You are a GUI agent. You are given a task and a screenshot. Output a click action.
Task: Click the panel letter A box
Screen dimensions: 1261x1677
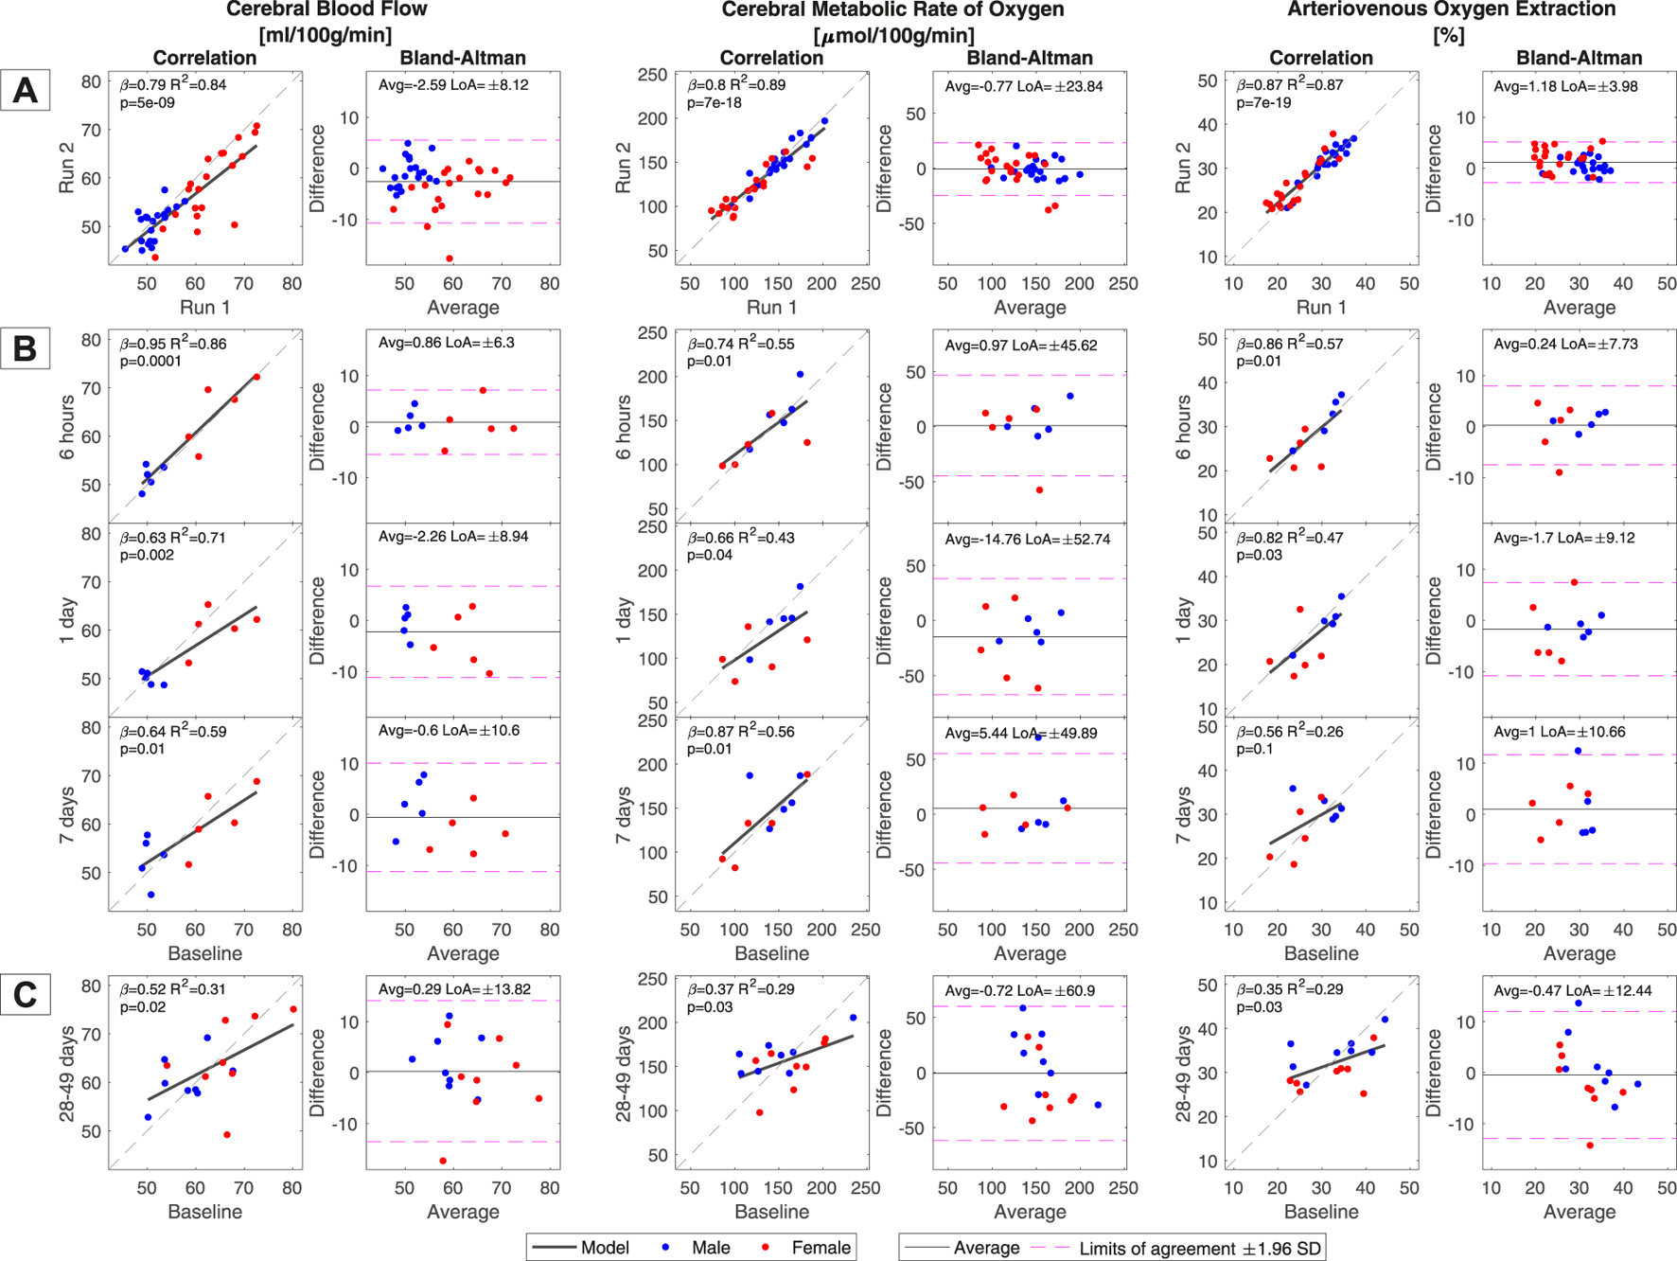point(25,91)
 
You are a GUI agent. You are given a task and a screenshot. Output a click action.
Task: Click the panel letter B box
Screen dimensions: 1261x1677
point(25,349)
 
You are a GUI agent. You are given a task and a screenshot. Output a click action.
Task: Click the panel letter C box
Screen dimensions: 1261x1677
point(25,995)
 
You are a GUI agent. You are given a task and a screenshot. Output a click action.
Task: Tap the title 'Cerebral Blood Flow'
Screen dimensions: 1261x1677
point(327,9)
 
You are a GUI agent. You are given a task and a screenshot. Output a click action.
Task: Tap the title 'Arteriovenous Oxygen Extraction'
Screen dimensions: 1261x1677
point(1451,9)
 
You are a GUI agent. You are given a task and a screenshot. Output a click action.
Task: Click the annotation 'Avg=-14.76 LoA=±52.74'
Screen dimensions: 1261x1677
point(1027,539)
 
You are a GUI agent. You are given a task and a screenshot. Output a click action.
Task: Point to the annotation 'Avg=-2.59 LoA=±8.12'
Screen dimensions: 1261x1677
point(453,85)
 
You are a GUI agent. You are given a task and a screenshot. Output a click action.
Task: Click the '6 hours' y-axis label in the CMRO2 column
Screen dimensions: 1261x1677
point(623,428)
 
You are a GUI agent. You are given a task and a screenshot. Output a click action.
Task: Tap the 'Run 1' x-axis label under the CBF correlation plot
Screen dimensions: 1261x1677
point(205,307)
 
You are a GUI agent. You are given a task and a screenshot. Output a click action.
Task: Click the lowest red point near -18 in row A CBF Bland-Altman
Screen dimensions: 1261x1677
point(450,258)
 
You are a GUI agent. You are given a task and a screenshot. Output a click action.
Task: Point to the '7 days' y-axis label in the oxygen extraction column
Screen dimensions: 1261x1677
point(1183,815)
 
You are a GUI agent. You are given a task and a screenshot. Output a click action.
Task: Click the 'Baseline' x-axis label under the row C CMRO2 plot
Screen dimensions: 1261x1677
point(771,1211)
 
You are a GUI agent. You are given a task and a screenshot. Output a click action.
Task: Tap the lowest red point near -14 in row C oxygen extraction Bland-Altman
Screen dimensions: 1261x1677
point(1590,1146)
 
